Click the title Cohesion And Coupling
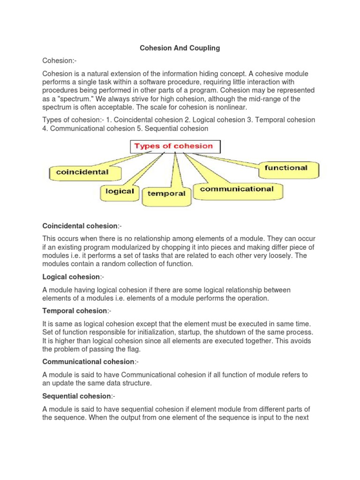tap(180, 48)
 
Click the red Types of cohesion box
tap(173, 146)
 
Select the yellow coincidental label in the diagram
tap(82, 172)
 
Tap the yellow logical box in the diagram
tap(120, 191)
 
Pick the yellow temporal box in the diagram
tap(166, 193)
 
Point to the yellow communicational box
tap(237, 189)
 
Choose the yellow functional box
tap(286, 168)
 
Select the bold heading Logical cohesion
tap(71, 277)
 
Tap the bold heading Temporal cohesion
tap(75, 311)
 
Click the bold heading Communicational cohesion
tap(88, 361)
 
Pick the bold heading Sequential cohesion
tap(76, 396)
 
